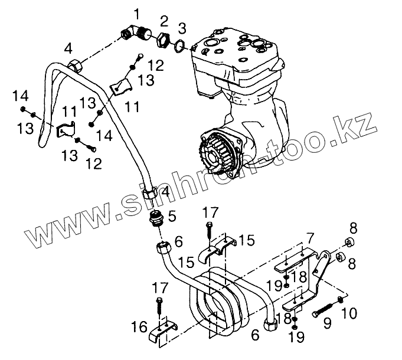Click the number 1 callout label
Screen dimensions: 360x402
point(137,12)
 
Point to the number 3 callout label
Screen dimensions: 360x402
point(182,28)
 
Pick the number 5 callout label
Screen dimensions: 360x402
point(172,217)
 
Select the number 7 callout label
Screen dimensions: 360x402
point(309,238)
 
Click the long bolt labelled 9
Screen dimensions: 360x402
point(322,309)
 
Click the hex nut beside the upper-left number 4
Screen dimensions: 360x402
point(74,66)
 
